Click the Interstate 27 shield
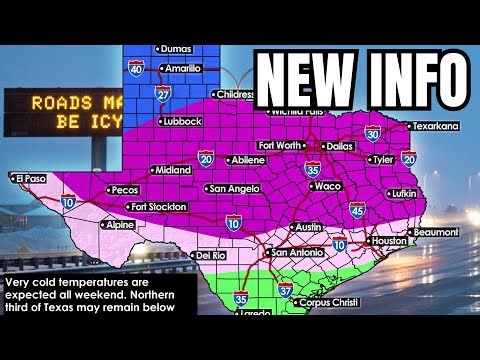(163, 93)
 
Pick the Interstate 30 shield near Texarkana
(373, 132)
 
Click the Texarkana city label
(437, 126)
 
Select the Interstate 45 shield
(357, 209)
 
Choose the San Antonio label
(299, 253)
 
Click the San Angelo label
(236, 188)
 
